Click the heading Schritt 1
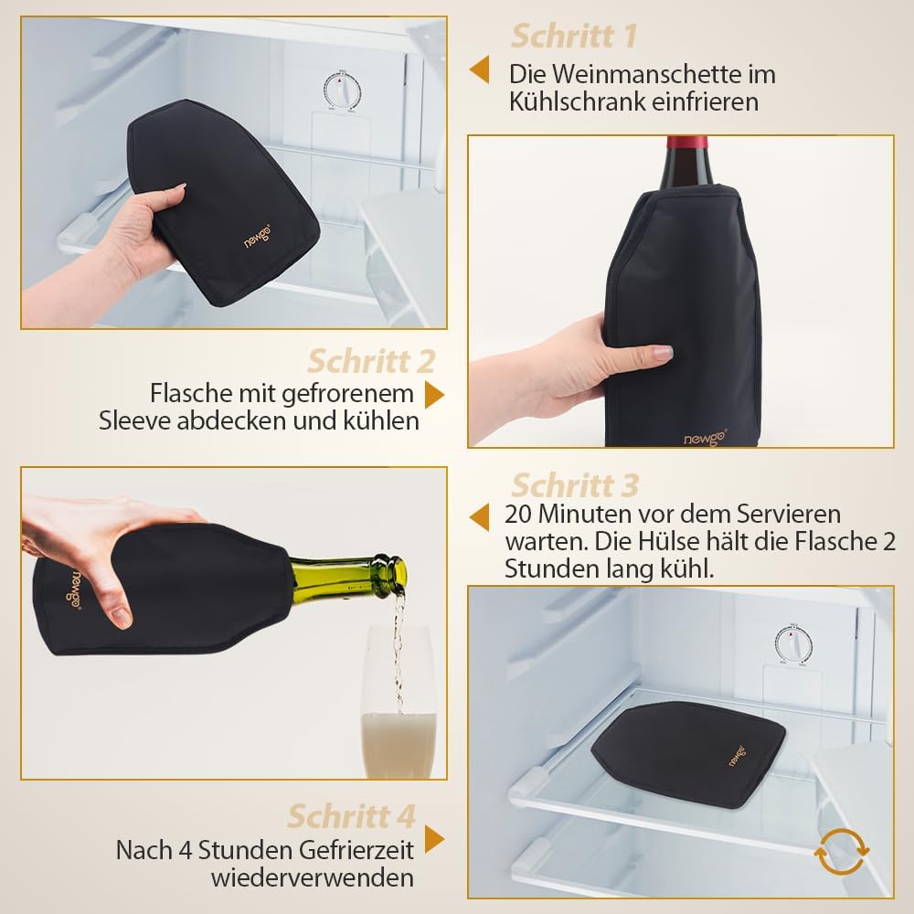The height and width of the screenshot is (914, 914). click(x=574, y=37)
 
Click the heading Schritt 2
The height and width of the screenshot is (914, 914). click(x=371, y=361)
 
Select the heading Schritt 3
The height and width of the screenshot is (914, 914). click(x=575, y=485)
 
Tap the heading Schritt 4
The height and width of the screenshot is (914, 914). click(x=352, y=815)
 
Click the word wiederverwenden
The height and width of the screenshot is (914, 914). click(x=313, y=877)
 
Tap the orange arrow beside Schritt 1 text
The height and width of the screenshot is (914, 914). click(x=479, y=70)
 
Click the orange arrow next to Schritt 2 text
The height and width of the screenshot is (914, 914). click(x=434, y=395)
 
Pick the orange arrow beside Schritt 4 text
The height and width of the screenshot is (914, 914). click(x=434, y=839)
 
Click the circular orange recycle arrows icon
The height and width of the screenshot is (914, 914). click(x=841, y=852)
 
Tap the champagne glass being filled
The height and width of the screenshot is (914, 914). click(x=399, y=701)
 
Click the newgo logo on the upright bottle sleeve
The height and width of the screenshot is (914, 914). click(x=705, y=437)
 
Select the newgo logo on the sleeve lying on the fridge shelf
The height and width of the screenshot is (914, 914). click(x=737, y=755)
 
